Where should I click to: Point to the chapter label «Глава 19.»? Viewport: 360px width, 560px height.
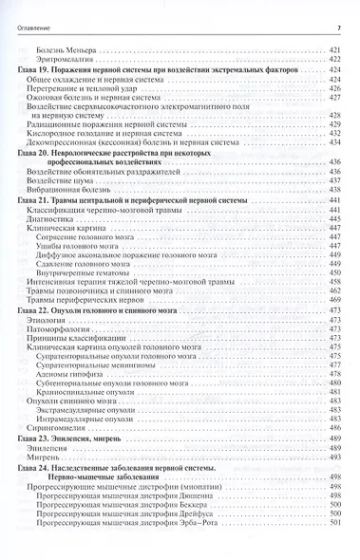(x=35, y=69)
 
